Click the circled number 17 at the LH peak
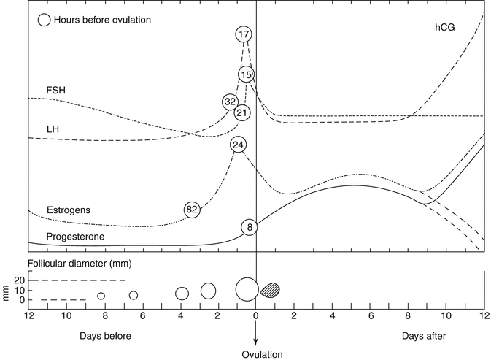pos(244,34)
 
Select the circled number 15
pos(246,74)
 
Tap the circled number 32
pos(230,102)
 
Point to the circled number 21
pos(242,112)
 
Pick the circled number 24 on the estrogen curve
pos(237,145)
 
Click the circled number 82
pos(192,210)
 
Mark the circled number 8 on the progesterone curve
pos(250,227)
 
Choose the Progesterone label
pos(75,237)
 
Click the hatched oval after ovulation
pos(270,289)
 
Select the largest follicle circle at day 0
pos(247,288)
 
